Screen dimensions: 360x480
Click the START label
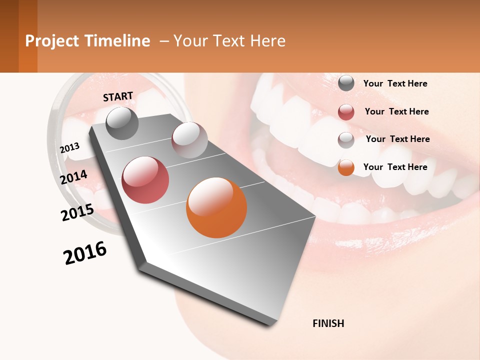[x=118, y=96]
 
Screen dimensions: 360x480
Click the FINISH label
[x=328, y=323]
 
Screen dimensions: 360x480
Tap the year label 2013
[x=70, y=148]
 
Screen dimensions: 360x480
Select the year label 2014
[x=73, y=177]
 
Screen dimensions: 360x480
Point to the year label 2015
[x=77, y=212]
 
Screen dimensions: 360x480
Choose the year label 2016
[x=85, y=253]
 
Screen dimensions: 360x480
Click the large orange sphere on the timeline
[x=216, y=207]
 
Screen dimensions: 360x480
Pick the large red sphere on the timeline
[x=145, y=180]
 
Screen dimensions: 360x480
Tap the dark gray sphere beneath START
[x=122, y=123]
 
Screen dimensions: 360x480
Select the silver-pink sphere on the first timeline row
[x=189, y=140]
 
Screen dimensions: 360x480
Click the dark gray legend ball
[x=346, y=83]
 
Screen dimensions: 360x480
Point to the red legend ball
[x=346, y=112]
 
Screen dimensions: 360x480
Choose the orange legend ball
[x=346, y=168]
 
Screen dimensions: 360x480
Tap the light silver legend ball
[x=346, y=140]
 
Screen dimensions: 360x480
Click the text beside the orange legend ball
[x=395, y=167]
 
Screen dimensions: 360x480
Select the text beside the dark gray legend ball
[x=395, y=83]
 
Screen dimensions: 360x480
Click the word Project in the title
[x=51, y=41]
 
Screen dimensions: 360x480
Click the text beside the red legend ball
[x=396, y=111]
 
